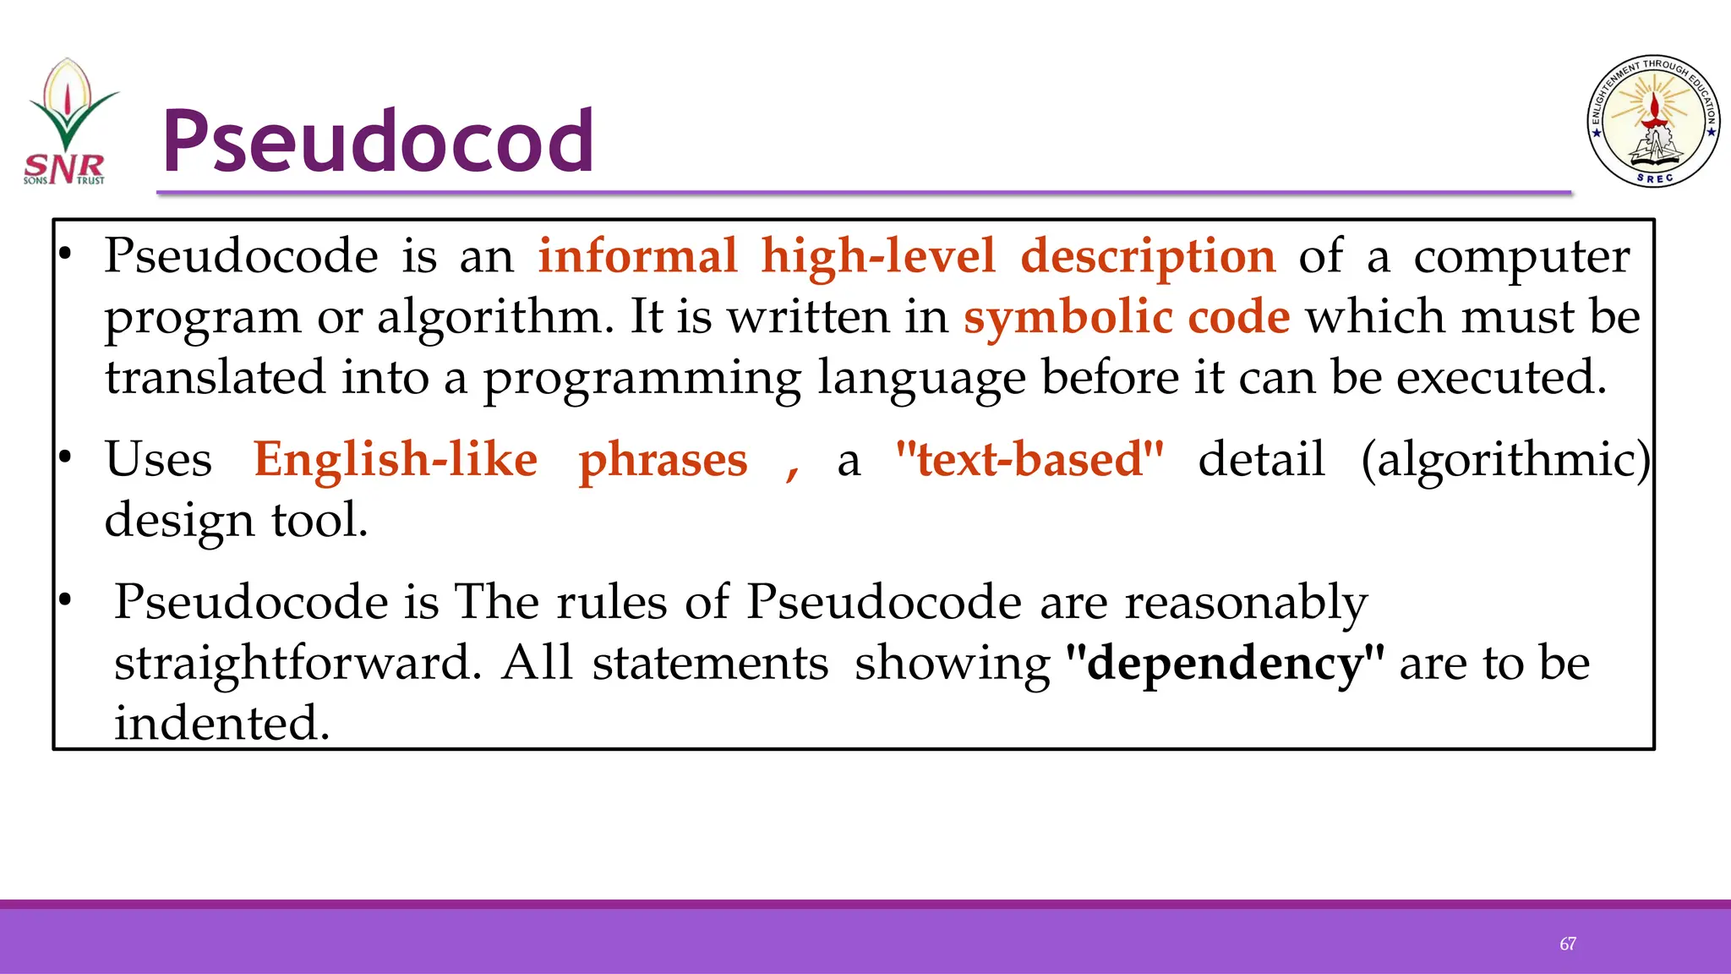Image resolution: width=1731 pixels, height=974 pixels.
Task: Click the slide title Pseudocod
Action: point(378,140)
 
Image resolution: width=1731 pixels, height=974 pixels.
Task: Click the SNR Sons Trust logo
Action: point(67,123)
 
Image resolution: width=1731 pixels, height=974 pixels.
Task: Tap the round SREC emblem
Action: point(1653,122)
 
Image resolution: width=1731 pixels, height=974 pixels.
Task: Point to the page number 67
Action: point(1568,944)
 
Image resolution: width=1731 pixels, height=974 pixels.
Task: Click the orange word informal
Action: point(638,255)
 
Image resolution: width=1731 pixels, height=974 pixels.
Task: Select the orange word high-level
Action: point(878,255)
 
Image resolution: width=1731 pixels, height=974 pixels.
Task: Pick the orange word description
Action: point(1148,255)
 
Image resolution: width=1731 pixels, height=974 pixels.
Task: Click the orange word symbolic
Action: point(1068,316)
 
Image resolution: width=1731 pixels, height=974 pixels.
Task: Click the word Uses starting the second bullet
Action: point(158,459)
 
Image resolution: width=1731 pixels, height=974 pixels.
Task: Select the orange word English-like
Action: point(396,459)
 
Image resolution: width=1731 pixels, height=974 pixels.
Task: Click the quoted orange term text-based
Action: point(1029,459)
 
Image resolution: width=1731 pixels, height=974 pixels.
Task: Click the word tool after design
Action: point(319,520)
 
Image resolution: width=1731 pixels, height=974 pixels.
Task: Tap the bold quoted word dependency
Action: point(1225,663)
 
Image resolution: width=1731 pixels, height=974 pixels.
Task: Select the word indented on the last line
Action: point(221,724)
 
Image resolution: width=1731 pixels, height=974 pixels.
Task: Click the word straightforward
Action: point(298,663)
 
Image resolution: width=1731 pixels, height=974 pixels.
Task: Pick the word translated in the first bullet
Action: point(215,377)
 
